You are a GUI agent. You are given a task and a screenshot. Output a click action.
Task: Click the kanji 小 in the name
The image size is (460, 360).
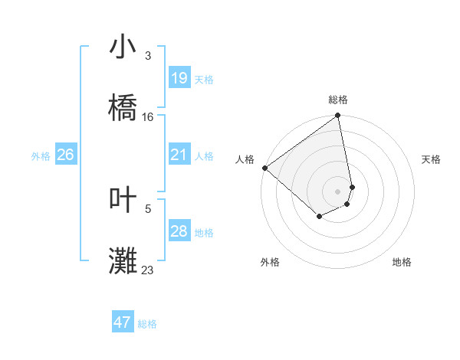point(123,48)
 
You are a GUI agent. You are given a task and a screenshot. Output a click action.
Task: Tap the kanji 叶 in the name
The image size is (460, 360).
point(123,201)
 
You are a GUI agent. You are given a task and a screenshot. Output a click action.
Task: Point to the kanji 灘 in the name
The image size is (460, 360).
point(123,261)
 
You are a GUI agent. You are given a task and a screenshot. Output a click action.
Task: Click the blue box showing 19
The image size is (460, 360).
point(179,78)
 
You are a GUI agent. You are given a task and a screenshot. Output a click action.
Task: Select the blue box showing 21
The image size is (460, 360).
point(179,155)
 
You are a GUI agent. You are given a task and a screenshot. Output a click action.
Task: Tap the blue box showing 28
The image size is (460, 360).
point(179,231)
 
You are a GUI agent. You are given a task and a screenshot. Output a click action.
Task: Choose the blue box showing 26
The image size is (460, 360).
point(65,155)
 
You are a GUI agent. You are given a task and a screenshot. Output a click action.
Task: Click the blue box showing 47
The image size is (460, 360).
point(123,322)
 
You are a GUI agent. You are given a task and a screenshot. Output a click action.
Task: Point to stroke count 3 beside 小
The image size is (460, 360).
point(148,56)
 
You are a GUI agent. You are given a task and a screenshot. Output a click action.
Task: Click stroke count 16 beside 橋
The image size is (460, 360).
point(148,117)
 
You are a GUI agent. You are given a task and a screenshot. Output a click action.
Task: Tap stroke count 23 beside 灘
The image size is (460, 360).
point(148,270)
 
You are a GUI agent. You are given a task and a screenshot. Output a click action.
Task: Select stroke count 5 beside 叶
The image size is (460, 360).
point(148,208)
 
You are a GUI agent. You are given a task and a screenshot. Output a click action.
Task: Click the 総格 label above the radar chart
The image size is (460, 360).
point(338,100)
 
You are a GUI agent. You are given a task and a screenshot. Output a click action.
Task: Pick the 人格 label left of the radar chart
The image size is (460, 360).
point(245,159)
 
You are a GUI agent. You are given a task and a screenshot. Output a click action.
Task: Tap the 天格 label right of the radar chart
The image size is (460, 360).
point(432,159)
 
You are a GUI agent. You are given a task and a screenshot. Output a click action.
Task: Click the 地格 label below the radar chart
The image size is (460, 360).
point(402,262)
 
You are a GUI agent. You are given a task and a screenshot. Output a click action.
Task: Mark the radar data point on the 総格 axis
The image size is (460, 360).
point(338,116)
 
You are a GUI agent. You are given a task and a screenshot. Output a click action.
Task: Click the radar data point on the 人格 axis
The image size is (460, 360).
point(264,168)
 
